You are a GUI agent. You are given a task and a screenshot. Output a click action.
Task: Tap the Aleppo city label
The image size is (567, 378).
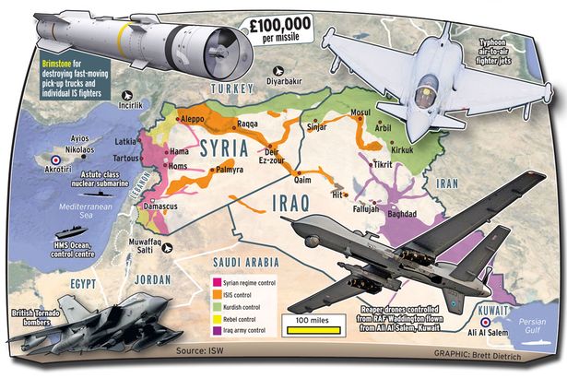click(x=190, y=119)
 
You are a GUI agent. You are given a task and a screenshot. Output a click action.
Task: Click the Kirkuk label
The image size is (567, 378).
click(x=400, y=148)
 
